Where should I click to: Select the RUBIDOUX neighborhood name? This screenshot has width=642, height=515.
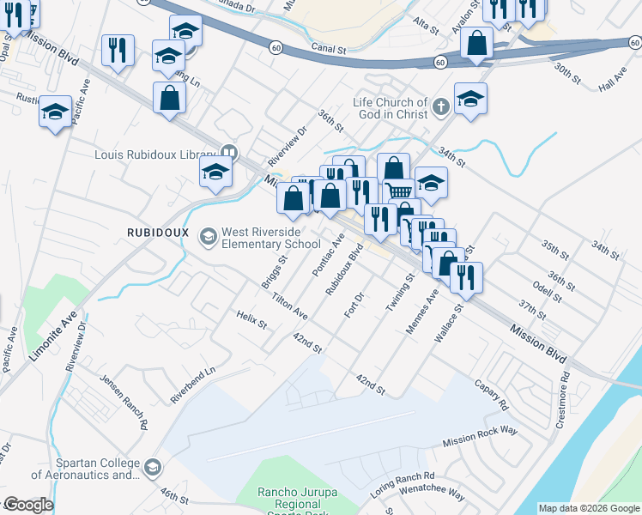157,233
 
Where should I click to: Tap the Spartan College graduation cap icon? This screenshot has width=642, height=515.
153,468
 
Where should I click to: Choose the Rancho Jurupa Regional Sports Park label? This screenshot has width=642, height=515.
311,498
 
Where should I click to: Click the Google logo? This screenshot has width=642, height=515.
27,505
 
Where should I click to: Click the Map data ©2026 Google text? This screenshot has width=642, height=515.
589,508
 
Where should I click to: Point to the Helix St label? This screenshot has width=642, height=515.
252,320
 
